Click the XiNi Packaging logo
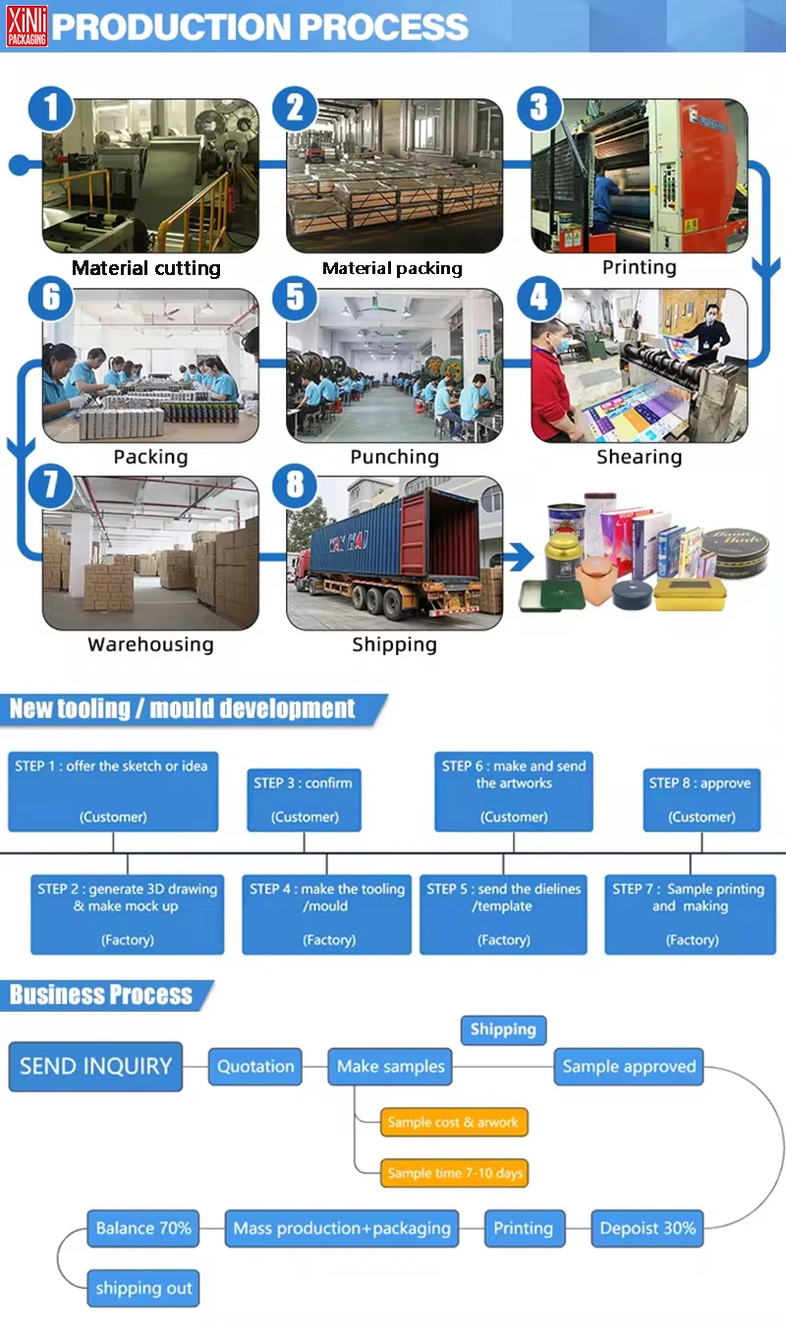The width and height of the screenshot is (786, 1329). click(27, 25)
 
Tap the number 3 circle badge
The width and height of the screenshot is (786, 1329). click(538, 107)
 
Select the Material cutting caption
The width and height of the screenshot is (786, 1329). click(146, 268)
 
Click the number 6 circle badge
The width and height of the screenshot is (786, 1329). click(51, 296)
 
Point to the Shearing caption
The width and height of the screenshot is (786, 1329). click(639, 457)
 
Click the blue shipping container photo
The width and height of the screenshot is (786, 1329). click(394, 553)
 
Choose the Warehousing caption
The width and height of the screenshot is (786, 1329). click(150, 644)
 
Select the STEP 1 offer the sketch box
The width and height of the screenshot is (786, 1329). click(112, 791)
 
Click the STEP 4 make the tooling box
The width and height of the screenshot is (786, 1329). click(327, 914)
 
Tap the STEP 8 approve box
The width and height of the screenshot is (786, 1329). click(702, 800)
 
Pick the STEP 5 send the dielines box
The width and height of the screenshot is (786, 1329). click(503, 914)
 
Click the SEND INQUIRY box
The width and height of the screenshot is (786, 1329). click(95, 1066)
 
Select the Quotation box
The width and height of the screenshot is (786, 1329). click(255, 1066)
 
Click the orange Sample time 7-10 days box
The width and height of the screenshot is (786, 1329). click(455, 1173)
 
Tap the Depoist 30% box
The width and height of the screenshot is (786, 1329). click(647, 1228)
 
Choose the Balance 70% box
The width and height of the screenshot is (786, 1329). click(143, 1228)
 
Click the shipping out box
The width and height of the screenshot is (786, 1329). click(143, 1288)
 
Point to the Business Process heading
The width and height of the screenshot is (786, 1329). click(101, 995)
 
